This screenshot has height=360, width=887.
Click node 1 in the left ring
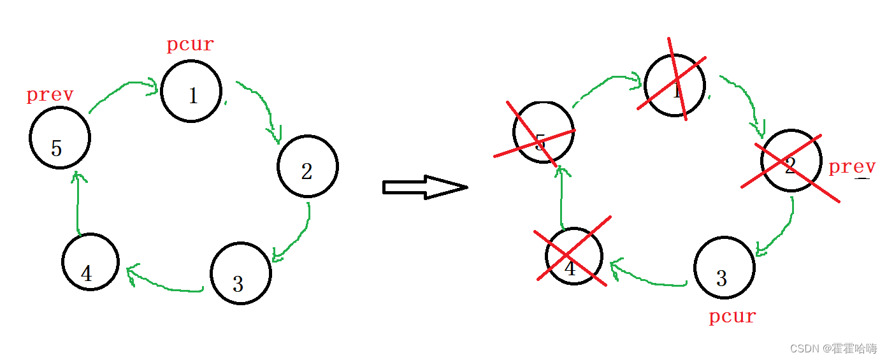click(x=191, y=91)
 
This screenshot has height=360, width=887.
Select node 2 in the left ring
click(x=307, y=166)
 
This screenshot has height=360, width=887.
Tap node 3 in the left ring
click(x=241, y=273)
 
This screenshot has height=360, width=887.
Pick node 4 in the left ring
click(x=90, y=262)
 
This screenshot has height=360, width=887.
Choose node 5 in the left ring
click(x=60, y=138)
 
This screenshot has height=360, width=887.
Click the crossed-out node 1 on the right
click(x=675, y=85)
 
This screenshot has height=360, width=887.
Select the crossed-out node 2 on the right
click(x=791, y=161)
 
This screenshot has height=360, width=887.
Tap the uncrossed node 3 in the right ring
click(x=725, y=268)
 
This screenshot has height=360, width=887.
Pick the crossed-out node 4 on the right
click(x=573, y=256)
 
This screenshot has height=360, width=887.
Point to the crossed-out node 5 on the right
click(x=543, y=133)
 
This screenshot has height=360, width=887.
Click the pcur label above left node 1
click(x=190, y=45)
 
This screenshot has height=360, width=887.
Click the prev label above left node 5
click(x=50, y=95)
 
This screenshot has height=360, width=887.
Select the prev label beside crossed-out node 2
click(x=852, y=167)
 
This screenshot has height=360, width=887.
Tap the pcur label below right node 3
click(x=732, y=316)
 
